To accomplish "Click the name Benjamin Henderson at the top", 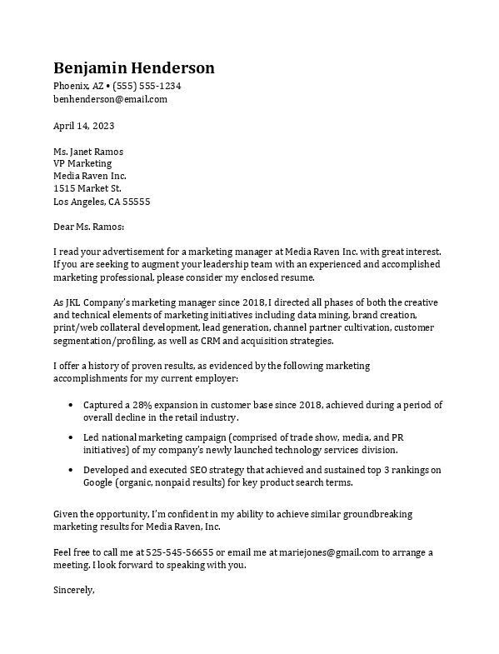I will coord(133,67).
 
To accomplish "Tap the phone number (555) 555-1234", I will coord(147,86).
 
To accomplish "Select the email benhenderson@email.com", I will coord(110,98).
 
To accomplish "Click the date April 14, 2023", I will coord(83,126).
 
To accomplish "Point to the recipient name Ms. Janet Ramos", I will coord(88,152).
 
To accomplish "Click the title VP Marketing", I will coord(82,164).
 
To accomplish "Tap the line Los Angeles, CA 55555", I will coord(102,202).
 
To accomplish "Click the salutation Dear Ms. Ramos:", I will coord(88,226).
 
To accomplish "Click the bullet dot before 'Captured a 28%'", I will coord(69,405).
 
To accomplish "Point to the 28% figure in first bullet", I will coord(143,405).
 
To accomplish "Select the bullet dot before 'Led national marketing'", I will coord(69,437).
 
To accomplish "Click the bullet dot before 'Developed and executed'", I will coord(69,471).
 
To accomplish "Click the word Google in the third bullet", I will coord(99,483).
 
